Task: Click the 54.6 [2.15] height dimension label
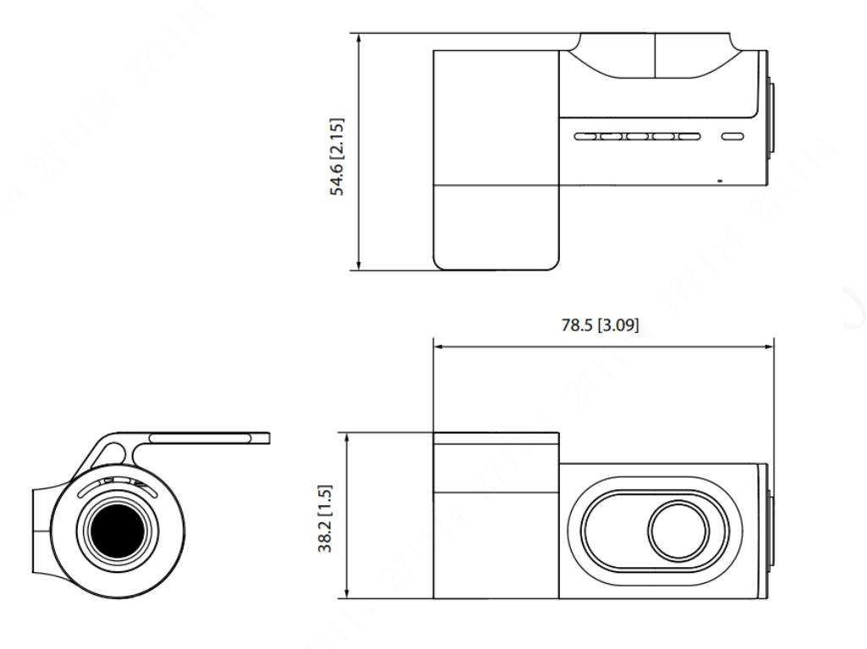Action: click(337, 157)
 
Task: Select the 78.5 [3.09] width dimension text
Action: click(600, 324)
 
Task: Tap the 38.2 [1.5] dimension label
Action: click(325, 519)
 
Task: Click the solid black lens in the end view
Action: click(117, 531)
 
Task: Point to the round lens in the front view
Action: click(678, 530)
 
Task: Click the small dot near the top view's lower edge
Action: click(719, 180)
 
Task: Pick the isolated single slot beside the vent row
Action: click(733, 136)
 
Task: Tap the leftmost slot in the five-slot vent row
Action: click(585, 136)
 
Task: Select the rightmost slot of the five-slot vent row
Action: click(689, 136)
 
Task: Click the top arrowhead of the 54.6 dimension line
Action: click(359, 37)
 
